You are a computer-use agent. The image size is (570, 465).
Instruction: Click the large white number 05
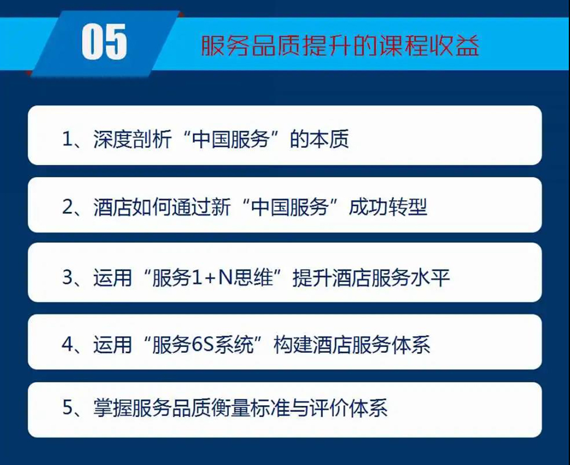[x=104, y=42]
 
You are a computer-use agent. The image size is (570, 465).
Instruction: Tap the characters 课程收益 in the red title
[x=429, y=46]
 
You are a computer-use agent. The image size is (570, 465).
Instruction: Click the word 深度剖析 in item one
[x=132, y=139]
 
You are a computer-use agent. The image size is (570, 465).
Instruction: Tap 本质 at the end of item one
[x=329, y=139]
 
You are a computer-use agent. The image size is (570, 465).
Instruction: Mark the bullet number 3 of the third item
[x=68, y=277]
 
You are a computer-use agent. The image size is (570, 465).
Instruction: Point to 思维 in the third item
[x=253, y=278]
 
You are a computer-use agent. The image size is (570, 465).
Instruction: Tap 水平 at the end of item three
[x=430, y=278]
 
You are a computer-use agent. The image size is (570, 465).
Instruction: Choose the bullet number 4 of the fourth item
[x=68, y=345]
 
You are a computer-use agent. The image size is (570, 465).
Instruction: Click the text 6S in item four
[x=202, y=345]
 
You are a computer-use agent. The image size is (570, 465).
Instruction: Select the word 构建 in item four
[x=293, y=345]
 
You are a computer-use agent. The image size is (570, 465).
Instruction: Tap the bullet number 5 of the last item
[x=68, y=407]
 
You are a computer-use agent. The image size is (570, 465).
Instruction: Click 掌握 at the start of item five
[x=113, y=407]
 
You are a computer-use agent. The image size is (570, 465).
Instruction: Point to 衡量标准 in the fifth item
[x=250, y=407]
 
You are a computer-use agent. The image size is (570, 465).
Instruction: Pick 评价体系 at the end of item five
[x=348, y=407]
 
